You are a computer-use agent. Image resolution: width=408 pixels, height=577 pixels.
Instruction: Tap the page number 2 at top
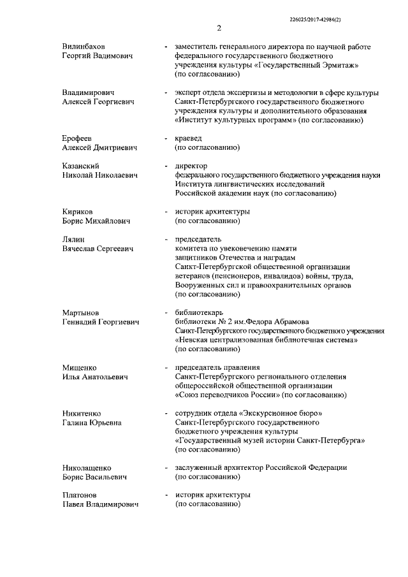(x=218, y=28)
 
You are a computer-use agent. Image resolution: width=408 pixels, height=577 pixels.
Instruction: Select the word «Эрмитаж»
(x=341, y=66)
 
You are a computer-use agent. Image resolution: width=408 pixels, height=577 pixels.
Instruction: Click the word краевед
(x=191, y=138)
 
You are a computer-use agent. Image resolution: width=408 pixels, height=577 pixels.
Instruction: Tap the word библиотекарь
(x=202, y=312)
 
